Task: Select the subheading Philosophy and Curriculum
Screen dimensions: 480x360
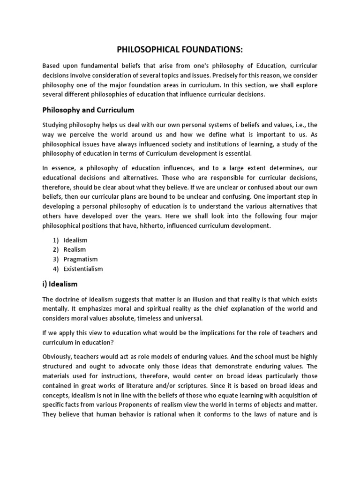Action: pos(88,110)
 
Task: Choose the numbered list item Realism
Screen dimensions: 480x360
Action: pos(75,249)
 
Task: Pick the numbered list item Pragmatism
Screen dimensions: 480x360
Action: pos(80,259)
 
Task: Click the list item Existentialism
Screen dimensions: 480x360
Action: pos(83,269)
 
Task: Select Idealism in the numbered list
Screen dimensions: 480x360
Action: pos(75,240)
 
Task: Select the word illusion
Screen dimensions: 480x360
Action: pos(200,299)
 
